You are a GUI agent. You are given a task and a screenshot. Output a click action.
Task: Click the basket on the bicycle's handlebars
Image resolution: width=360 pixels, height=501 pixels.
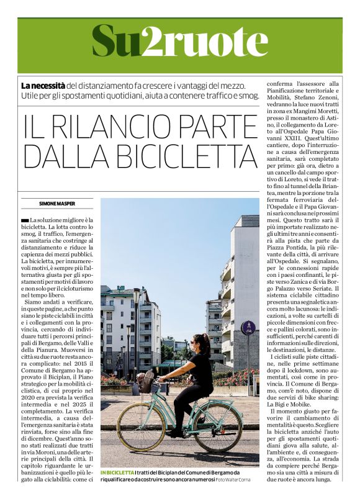[146, 381]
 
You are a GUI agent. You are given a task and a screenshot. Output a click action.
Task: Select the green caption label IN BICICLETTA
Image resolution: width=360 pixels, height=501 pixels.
[117, 474]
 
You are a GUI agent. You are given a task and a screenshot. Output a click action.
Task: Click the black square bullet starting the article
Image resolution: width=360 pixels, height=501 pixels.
[24, 221]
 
